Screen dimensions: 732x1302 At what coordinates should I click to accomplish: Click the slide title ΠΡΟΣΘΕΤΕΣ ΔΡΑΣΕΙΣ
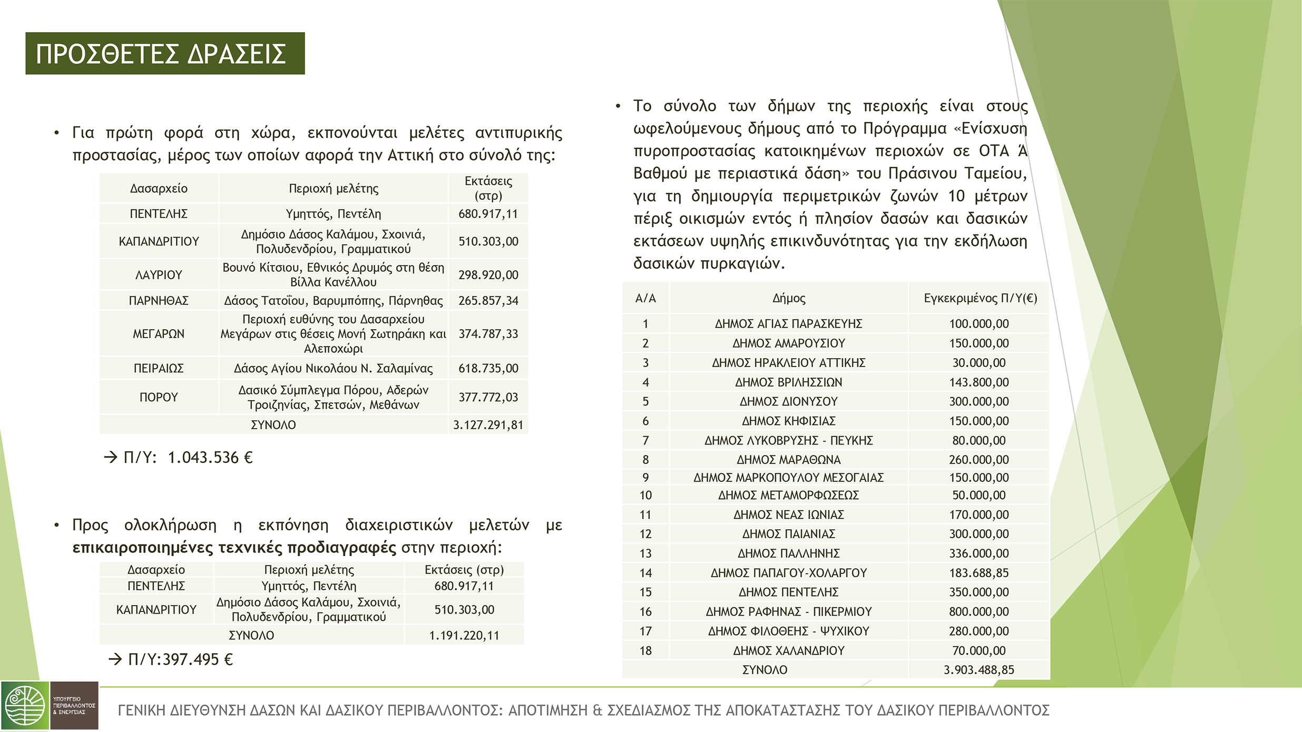(x=161, y=54)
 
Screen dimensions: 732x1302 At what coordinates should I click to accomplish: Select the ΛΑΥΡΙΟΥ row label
(x=159, y=275)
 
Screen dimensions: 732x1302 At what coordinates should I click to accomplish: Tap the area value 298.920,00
(x=488, y=275)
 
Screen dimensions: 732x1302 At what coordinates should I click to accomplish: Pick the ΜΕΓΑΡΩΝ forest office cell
(x=159, y=334)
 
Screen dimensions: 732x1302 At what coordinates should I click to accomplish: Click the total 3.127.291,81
(x=488, y=425)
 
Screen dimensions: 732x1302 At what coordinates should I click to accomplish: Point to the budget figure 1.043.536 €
(x=210, y=458)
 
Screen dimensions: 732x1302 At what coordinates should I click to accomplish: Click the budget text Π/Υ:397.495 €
(x=180, y=659)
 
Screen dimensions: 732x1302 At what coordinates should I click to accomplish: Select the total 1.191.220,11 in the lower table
(x=464, y=636)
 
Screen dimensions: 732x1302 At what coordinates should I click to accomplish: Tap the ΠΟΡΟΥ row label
(x=159, y=397)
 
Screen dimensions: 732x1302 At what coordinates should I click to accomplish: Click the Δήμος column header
(x=789, y=299)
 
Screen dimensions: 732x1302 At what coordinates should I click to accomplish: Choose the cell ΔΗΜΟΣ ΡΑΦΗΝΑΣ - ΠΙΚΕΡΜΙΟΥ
(x=789, y=612)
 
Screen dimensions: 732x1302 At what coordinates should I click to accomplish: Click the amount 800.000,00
(x=978, y=612)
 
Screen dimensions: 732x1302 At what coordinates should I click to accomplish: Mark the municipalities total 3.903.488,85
(x=978, y=670)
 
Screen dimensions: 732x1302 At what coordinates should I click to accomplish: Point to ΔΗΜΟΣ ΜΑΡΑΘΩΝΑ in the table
(x=789, y=460)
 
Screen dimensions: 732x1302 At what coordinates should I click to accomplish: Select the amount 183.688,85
(x=978, y=573)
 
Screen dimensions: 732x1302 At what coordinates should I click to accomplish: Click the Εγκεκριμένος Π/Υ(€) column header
(x=980, y=299)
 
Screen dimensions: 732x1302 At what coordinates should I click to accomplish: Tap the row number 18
(x=645, y=651)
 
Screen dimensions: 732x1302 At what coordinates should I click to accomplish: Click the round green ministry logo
(x=25, y=706)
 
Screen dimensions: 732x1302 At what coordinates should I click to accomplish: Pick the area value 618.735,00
(x=488, y=368)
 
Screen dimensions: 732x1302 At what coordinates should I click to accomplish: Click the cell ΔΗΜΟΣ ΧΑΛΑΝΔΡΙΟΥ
(x=789, y=651)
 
